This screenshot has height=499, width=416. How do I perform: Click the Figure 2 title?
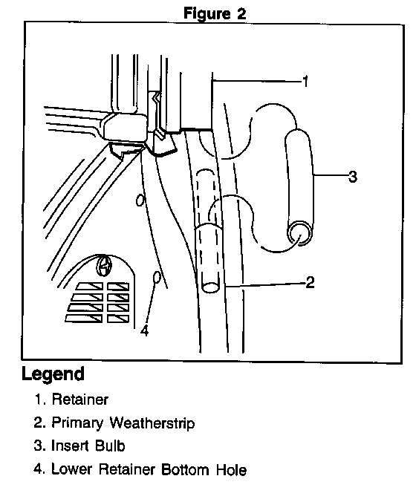tap(215, 13)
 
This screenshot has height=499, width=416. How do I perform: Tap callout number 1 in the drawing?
tap(305, 82)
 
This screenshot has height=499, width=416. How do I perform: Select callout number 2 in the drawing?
tap(310, 282)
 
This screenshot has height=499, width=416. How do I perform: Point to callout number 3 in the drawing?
tap(353, 176)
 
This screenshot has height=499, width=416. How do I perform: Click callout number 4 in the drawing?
tap(145, 331)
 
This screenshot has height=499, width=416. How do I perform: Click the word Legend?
tap(53, 374)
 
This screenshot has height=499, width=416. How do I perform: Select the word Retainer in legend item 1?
tap(80, 399)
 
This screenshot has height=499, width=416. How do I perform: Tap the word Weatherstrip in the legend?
tap(152, 423)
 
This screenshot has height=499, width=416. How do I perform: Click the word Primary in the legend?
tap(77, 423)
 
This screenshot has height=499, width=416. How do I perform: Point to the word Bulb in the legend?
tap(110, 446)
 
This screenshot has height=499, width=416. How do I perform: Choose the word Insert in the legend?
tap(70, 446)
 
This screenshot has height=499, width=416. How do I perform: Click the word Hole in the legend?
tap(231, 470)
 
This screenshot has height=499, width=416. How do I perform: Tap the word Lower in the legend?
tap(71, 469)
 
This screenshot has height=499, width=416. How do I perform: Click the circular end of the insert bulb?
tap(299, 233)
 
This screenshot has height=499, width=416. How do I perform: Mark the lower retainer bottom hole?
tap(157, 278)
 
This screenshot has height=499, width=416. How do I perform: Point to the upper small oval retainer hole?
tap(140, 200)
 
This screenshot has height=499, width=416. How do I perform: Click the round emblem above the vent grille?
tap(104, 265)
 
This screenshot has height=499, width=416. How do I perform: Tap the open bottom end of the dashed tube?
tap(211, 287)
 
